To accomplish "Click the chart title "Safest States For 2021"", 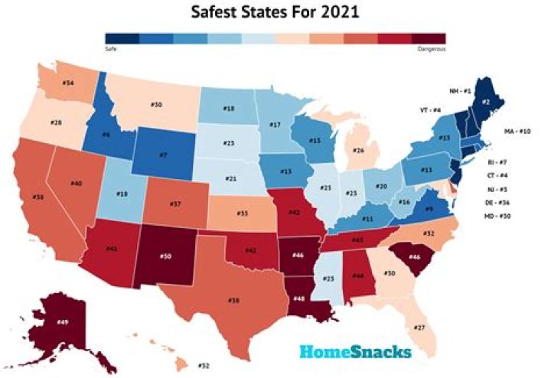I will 275,12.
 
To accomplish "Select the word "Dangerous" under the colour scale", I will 431,49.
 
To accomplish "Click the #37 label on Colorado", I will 175,205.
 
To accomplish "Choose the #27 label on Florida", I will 419,327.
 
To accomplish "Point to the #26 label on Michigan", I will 359,151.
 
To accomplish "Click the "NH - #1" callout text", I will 464,91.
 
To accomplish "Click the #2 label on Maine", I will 486,101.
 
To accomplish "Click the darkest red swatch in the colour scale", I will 429,37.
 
